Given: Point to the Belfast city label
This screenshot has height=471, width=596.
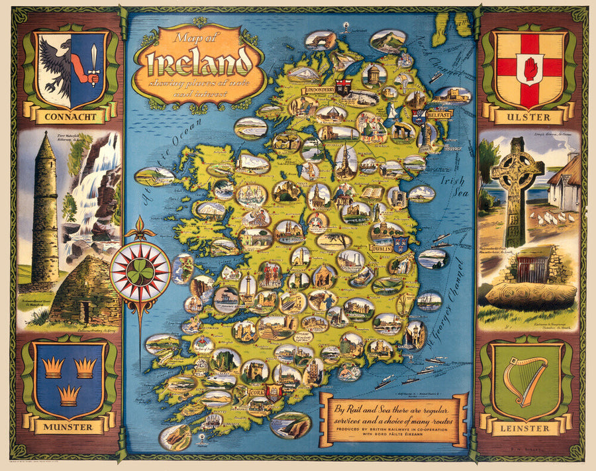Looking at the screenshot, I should click(x=440, y=115).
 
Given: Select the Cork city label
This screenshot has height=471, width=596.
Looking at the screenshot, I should click(x=257, y=392).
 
